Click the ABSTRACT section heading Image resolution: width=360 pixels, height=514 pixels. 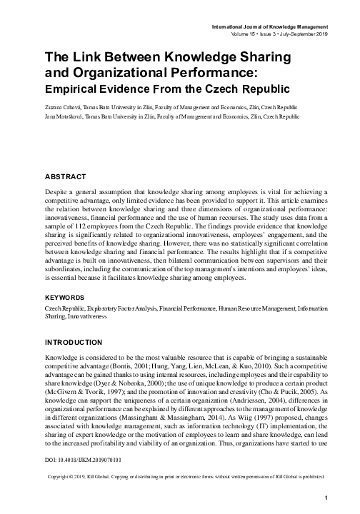pyautogui.click(x=66, y=176)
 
